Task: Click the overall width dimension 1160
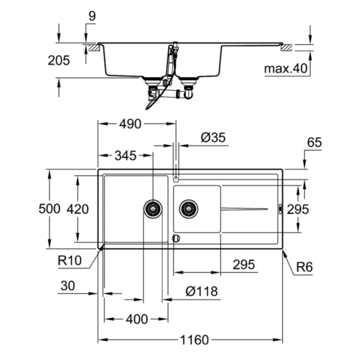click(194, 340)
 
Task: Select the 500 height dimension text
click(49, 209)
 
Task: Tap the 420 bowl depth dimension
click(78, 209)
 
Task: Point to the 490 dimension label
click(130, 124)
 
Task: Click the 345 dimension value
click(126, 156)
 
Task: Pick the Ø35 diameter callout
click(213, 137)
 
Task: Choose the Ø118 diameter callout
click(201, 291)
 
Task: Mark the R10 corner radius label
click(70, 260)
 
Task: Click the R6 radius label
click(305, 268)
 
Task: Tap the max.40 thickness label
click(286, 68)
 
